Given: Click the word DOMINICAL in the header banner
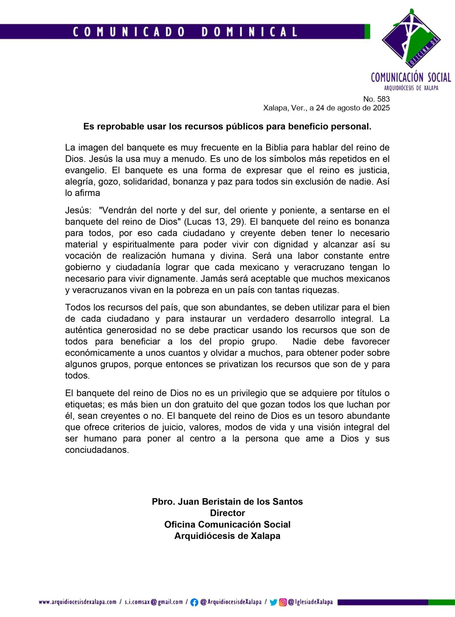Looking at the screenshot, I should coord(249,32).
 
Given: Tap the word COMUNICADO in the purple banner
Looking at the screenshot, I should coord(129,32).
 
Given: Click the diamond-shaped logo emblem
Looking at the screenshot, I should coord(411,39).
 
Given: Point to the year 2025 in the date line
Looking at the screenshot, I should coord(381,108).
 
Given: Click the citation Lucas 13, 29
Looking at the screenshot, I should coord(215,222).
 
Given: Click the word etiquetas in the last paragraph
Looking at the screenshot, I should coord(84,404).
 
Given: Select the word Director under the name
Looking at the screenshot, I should coord(227,513).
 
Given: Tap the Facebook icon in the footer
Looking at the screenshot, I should coord(195,602).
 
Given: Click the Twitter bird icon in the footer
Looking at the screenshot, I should coord(273,602).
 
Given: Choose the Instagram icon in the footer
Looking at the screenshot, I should coord(283,602).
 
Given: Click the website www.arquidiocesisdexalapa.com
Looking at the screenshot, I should coord(78,602).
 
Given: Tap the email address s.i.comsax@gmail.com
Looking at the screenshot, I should coord(154,602).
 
